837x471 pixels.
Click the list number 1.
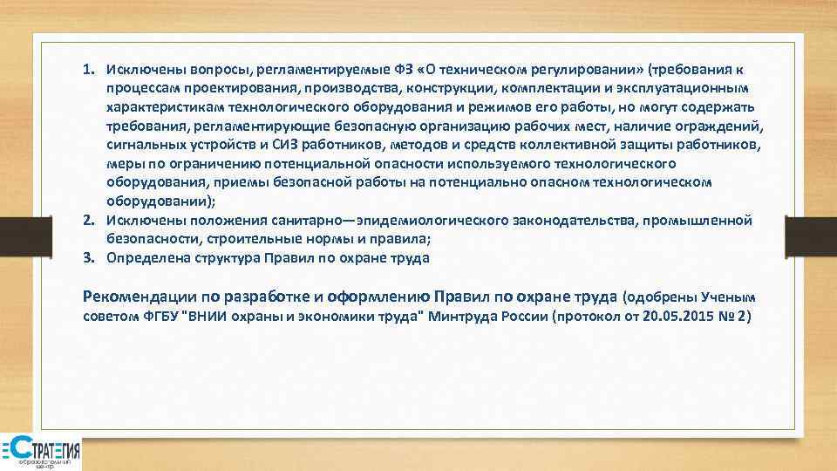coord(89,69)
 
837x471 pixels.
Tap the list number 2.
coord(89,220)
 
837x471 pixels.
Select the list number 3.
coord(89,257)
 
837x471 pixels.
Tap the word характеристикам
coord(164,107)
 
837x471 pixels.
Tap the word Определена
coord(146,257)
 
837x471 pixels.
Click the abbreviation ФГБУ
coord(159,315)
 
